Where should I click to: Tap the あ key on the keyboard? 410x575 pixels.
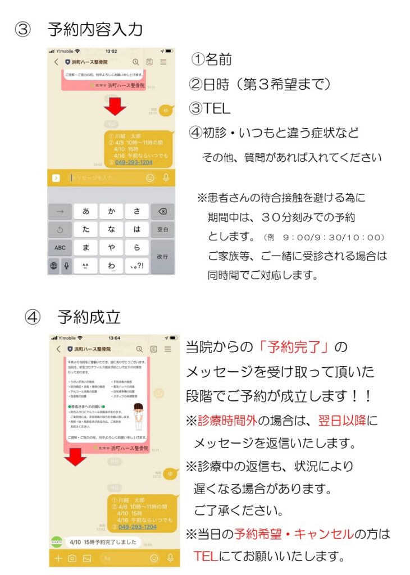pos(85,212)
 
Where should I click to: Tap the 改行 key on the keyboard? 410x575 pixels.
pos(162,256)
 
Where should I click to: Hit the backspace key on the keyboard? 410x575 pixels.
pos(162,212)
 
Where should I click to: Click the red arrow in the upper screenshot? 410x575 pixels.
pos(116,105)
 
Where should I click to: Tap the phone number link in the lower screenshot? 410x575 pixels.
pos(137,527)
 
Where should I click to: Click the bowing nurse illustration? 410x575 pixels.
pos(135,413)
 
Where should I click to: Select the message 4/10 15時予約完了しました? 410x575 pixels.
pos(103,542)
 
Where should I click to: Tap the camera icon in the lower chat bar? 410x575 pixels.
pos(72,558)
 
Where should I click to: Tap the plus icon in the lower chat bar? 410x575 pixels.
pos(57,558)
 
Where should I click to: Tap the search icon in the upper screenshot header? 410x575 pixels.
pos(135,62)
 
